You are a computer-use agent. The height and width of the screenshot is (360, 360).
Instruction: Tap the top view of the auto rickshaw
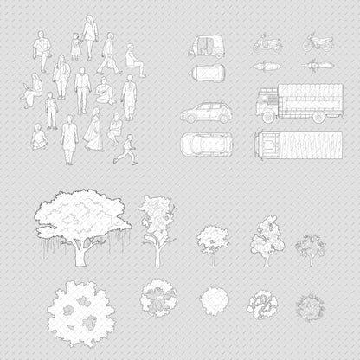point(206,73)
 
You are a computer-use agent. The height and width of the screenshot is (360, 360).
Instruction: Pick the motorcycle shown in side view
point(312,42)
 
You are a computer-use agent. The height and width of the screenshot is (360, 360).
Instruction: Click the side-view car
point(206,112)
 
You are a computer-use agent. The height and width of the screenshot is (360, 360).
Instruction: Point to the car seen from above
point(206,142)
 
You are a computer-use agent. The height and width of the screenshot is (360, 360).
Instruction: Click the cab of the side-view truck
point(267,106)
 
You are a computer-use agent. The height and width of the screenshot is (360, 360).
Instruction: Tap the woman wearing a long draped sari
point(93,130)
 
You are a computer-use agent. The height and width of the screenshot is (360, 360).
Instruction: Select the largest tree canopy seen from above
point(80,312)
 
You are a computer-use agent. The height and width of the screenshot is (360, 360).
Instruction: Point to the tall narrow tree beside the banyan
point(157,229)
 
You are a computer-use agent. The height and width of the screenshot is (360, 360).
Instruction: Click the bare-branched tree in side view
point(310,248)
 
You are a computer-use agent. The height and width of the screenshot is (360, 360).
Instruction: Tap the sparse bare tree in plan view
point(309,305)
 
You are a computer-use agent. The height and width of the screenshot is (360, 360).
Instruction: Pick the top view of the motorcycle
point(312,66)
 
